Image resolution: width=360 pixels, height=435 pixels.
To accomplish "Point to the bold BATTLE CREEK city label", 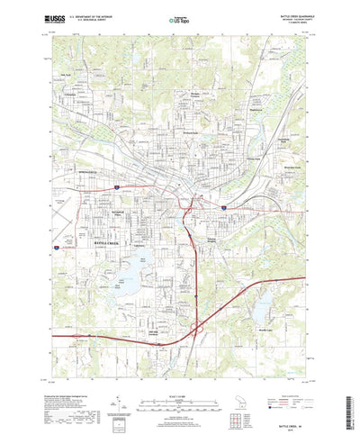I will (x=112, y=243).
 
